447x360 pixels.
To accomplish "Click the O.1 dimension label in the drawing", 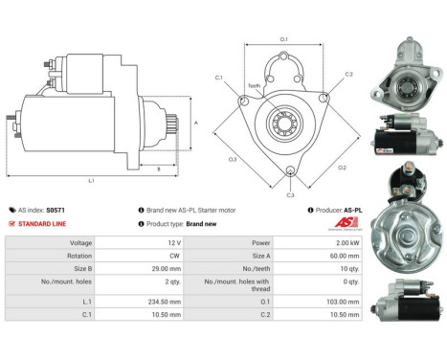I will click(284, 38).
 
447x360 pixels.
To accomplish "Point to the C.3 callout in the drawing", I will click(291, 179).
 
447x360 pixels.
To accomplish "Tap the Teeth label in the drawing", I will click(254, 85).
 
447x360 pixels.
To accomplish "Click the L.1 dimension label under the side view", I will click(91, 180).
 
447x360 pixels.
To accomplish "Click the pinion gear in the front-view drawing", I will click(284, 121).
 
